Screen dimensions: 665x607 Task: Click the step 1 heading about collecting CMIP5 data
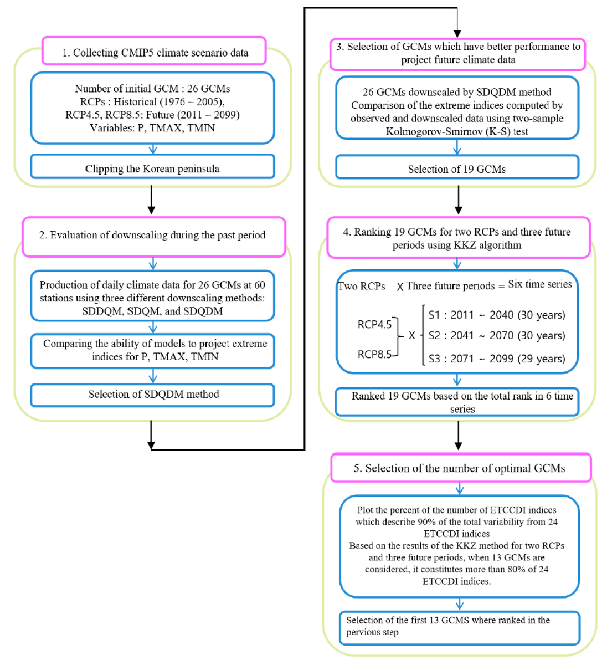pos(155,52)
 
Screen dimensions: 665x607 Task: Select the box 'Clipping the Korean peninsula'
pos(152,168)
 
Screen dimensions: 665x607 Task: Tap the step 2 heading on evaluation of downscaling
pos(153,235)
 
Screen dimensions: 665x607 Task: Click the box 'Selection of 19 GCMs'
pos(457,169)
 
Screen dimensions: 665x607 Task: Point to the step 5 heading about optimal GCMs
pos(459,468)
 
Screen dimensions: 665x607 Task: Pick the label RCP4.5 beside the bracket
pos(374,324)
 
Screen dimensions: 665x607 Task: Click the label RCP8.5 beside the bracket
pos(374,354)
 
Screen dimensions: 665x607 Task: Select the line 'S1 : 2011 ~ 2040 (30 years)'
pos(497,315)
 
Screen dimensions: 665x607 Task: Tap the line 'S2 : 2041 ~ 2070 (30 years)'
pos(497,335)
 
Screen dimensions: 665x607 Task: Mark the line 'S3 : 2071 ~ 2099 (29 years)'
pos(497,359)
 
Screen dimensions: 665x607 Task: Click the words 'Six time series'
pos(540,284)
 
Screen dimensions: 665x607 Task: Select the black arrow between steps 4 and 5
pos(458,436)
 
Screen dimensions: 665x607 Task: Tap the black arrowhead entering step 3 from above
pos(457,33)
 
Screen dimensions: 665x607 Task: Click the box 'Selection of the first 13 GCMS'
pos(459,627)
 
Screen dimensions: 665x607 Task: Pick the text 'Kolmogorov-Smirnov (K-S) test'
pos(457,131)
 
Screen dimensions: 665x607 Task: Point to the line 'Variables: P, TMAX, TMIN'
pos(152,127)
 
